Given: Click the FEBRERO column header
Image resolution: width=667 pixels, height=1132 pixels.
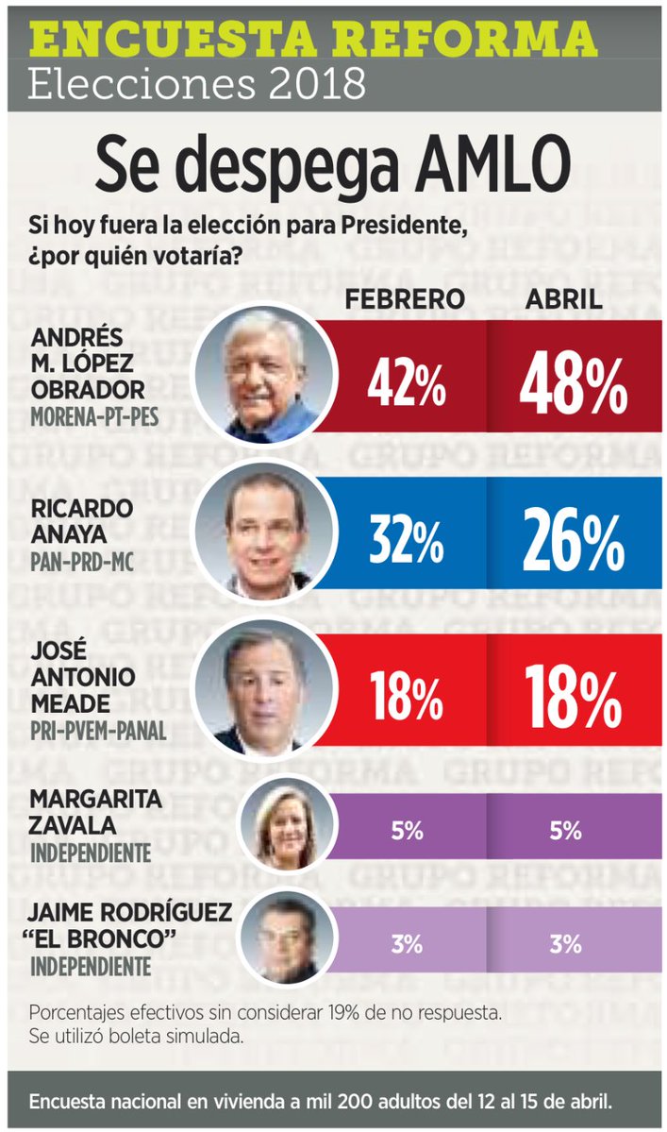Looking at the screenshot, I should pyautogui.click(x=405, y=299).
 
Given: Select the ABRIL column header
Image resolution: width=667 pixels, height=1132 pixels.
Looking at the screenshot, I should pyautogui.click(x=564, y=299).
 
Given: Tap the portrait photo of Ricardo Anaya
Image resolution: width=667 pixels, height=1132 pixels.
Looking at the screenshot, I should pyautogui.click(x=264, y=532).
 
